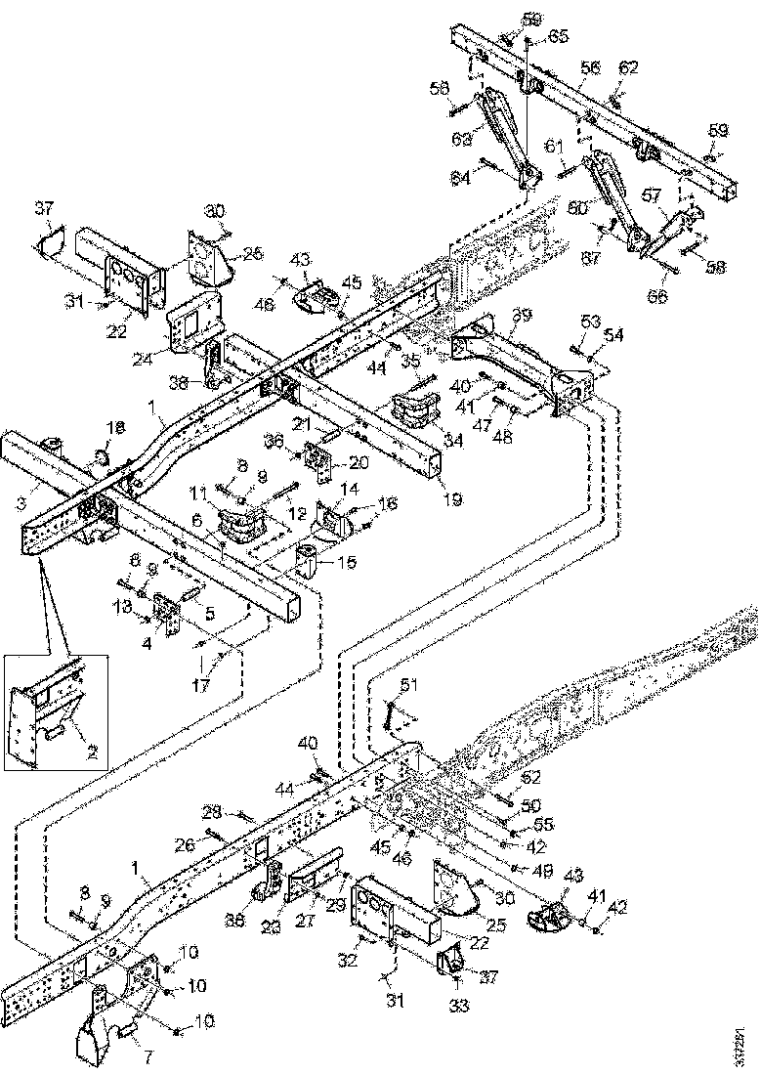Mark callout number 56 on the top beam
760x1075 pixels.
tap(589, 68)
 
